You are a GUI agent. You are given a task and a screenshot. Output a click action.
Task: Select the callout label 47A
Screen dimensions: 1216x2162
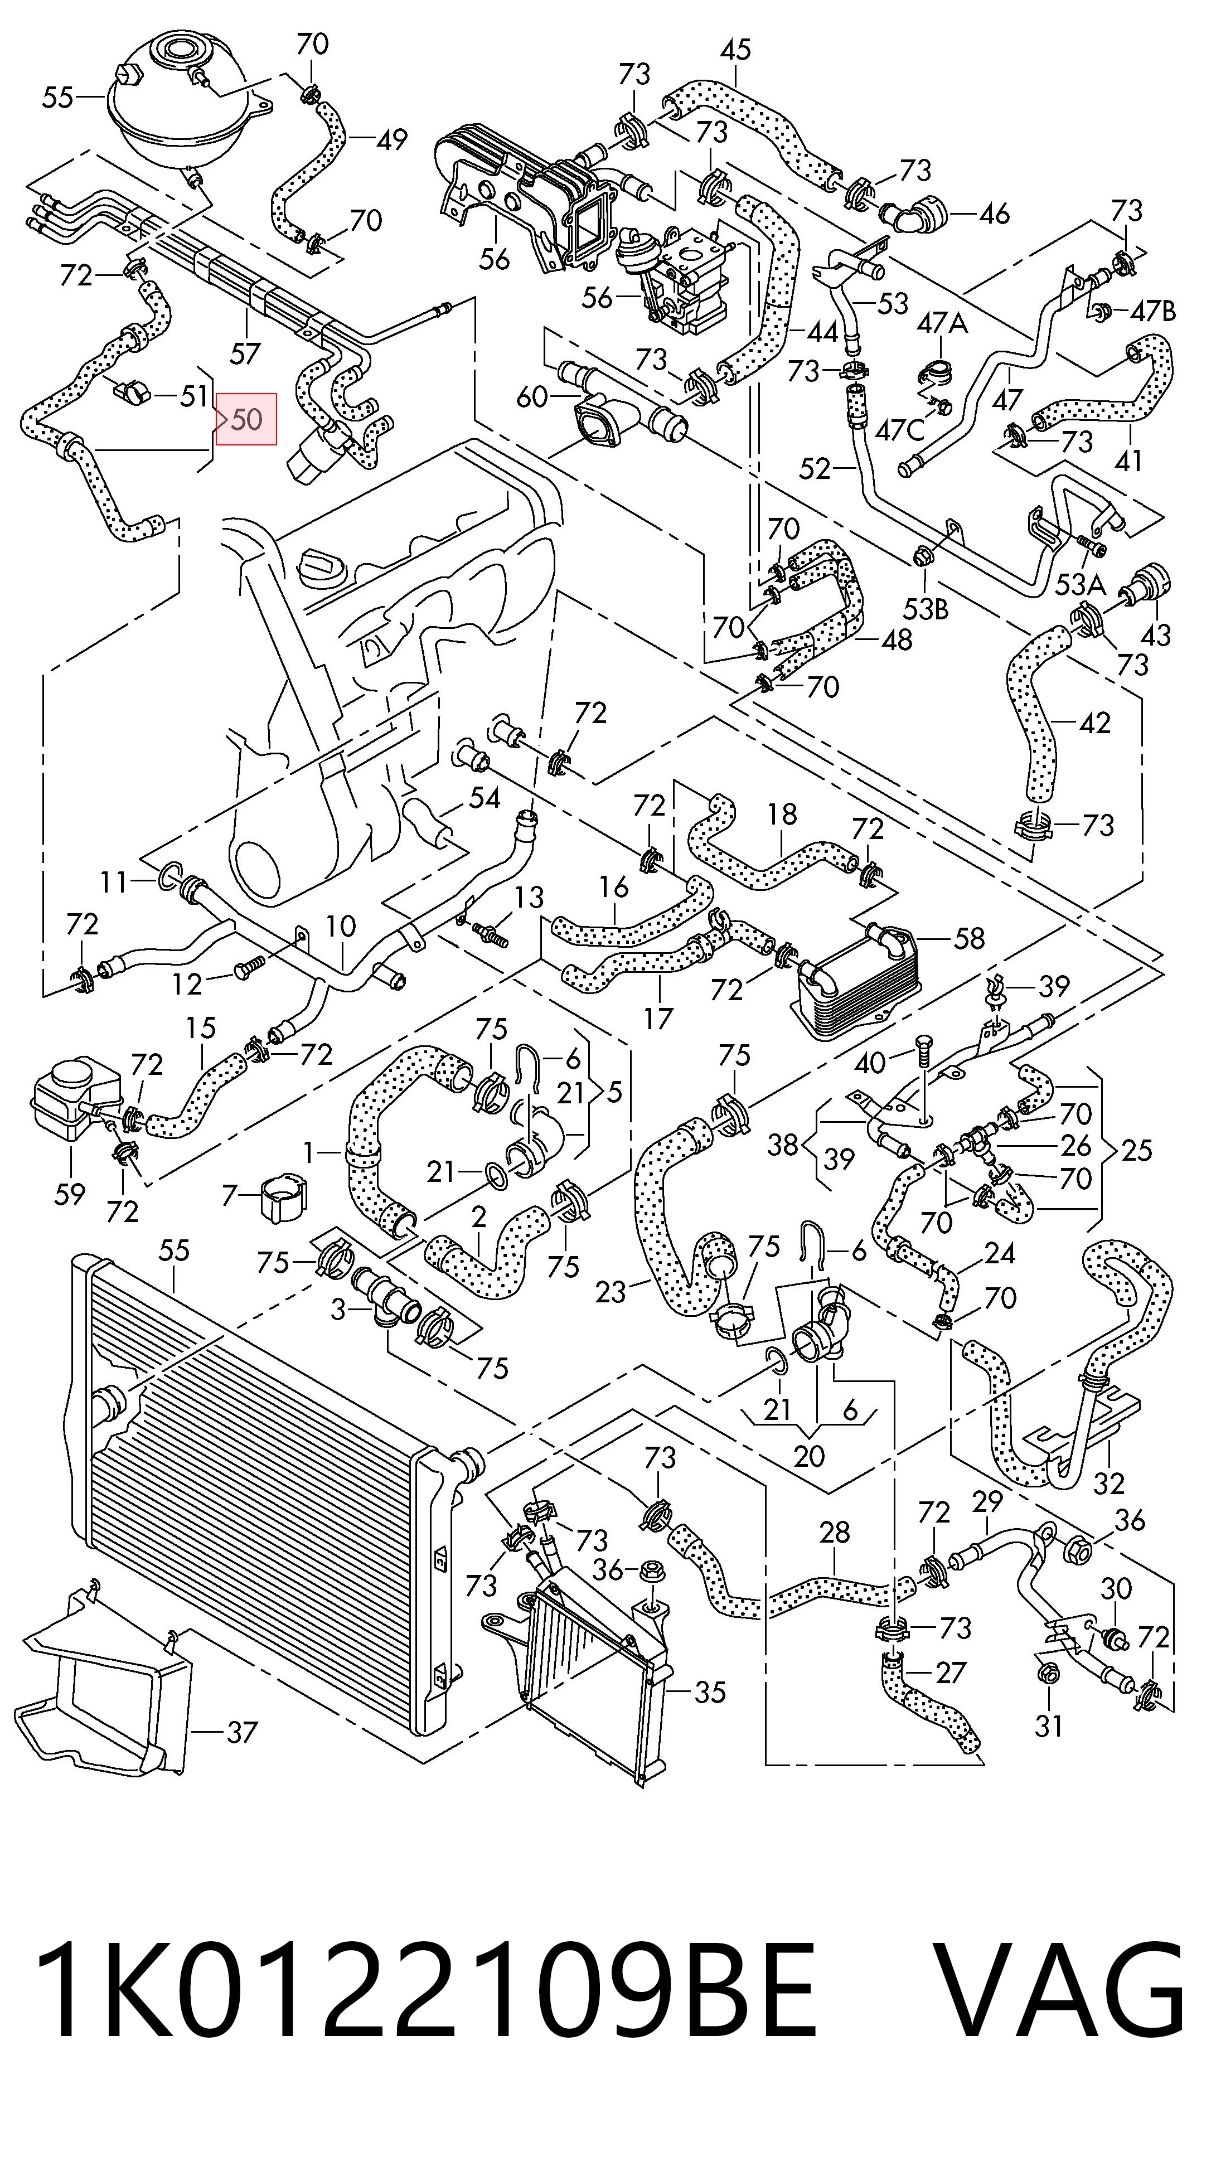click(942, 323)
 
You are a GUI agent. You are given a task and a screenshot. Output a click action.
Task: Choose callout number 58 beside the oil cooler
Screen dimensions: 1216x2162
click(969, 938)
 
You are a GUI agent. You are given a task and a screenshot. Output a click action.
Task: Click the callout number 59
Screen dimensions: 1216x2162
click(70, 1194)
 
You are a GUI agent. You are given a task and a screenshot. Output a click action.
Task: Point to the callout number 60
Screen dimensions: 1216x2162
click(532, 396)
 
